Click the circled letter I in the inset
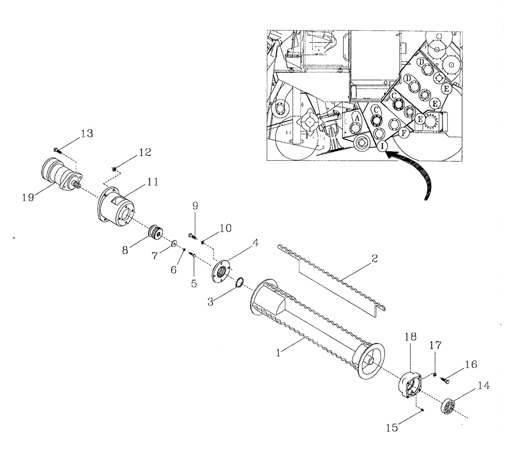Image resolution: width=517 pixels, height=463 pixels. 382,147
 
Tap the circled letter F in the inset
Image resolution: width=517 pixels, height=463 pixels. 404,133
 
